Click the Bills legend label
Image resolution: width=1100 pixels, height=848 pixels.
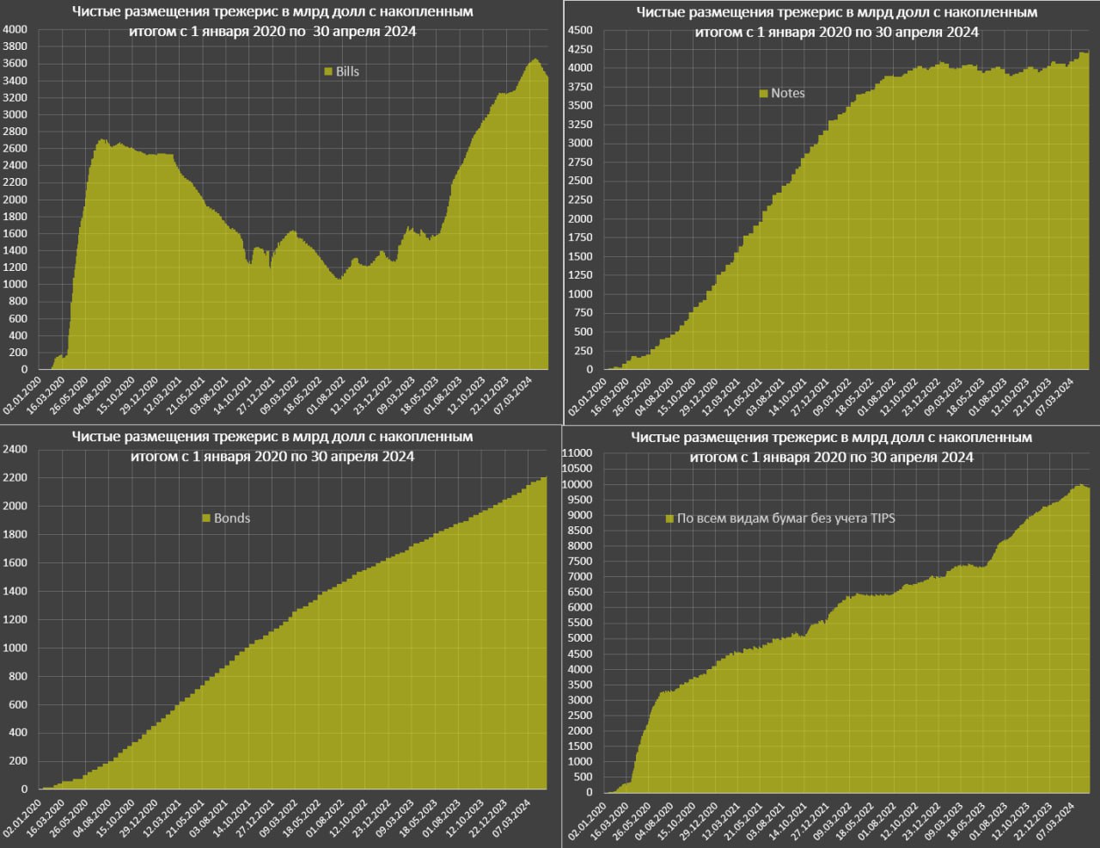tap(347, 71)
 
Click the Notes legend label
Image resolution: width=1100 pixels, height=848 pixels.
tap(787, 93)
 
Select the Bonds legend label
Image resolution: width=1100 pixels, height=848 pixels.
tap(232, 518)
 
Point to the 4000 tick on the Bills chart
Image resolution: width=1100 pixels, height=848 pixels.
tap(15, 29)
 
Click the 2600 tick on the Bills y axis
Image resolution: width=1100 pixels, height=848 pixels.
tap(15, 149)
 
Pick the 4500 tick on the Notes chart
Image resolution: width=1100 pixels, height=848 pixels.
tap(580, 30)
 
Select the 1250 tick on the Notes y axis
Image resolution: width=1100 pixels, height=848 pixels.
tap(580, 275)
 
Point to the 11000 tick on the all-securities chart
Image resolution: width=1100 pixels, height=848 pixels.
tap(577, 453)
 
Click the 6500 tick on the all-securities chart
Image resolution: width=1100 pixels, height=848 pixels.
tap(580, 592)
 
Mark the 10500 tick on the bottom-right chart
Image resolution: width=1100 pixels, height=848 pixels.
tap(577, 469)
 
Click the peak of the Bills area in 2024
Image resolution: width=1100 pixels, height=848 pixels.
tap(535, 59)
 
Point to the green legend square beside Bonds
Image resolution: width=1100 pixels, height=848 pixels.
tap(206, 518)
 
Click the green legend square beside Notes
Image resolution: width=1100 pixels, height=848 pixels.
tap(763, 94)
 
